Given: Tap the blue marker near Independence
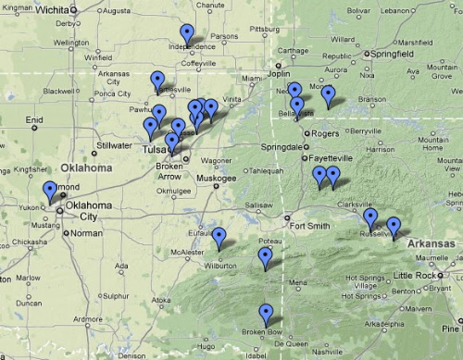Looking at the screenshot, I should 188,33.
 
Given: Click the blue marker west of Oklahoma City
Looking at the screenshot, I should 49,191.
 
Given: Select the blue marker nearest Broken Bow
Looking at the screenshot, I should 266,313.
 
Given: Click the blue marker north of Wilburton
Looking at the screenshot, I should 219,238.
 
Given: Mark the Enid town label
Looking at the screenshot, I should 33,119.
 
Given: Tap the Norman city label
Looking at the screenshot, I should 85,233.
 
